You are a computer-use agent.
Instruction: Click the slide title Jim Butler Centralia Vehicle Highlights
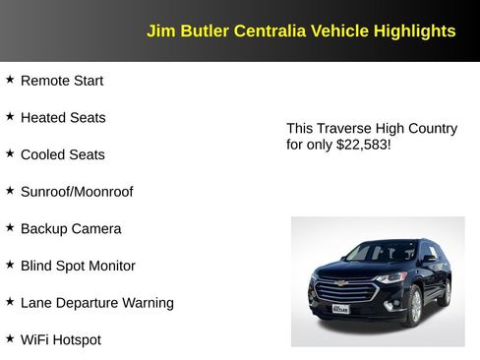[x=301, y=31]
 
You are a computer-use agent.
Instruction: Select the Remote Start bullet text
[x=61, y=81]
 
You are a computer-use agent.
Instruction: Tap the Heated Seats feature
[x=63, y=118]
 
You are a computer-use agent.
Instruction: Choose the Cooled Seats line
[x=62, y=154]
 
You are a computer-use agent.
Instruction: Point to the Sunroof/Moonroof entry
[x=77, y=192]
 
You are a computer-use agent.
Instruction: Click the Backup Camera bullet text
[x=71, y=229]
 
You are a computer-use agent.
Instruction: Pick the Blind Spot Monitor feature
[x=78, y=266]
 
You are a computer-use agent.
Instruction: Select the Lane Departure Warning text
[x=96, y=303]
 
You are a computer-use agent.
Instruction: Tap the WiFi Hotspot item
[x=60, y=340]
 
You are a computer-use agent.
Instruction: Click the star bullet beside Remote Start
[x=10, y=79]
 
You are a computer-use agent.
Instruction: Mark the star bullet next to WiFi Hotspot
[x=10, y=338]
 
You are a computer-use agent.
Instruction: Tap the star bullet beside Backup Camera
[x=10, y=227]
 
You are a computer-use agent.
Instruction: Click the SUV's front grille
[x=344, y=290]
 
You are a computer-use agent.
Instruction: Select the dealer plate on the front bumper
[x=339, y=309]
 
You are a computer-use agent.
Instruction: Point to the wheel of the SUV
[x=414, y=307]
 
